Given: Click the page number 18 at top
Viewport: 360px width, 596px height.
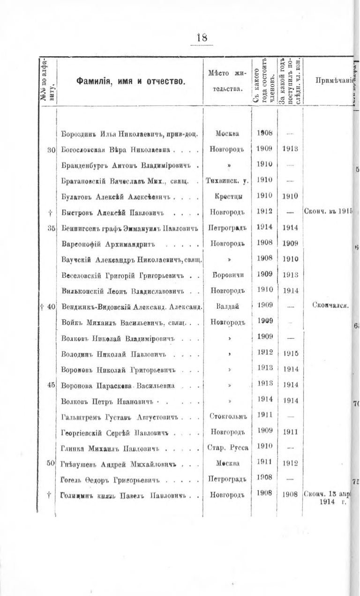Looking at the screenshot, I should (x=202, y=37).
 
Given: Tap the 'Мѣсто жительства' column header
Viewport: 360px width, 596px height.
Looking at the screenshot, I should (x=227, y=81).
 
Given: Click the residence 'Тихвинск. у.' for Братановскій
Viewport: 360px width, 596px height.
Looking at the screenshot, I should (x=227, y=180).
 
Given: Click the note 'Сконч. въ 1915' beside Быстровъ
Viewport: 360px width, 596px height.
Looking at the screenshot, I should (x=328, y=212).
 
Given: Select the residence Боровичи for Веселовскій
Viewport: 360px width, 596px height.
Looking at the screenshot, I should (x=227, y=275).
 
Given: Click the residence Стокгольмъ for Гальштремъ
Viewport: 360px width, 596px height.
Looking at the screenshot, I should (x=227, y=415).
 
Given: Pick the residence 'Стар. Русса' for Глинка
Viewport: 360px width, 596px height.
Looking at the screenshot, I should (x=227, y=447).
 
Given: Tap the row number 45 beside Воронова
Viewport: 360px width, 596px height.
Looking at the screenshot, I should (x=52, y=385).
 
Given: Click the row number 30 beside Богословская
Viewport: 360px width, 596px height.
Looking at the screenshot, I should (x=52, y=150).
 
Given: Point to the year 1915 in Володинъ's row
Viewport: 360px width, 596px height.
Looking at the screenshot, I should (x=291, y=353).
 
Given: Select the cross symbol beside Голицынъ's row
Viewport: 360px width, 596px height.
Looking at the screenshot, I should (x=49, y=495).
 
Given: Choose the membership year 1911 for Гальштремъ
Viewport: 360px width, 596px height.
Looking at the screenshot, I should (x=265, y=415).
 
